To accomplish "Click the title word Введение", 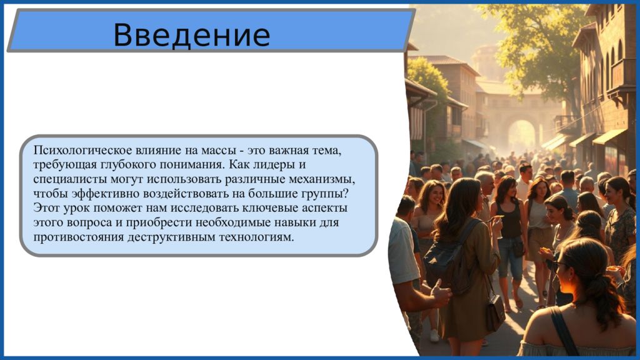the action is [191, 35].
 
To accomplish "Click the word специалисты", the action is [66, 179].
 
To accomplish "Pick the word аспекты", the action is [324, 208].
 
